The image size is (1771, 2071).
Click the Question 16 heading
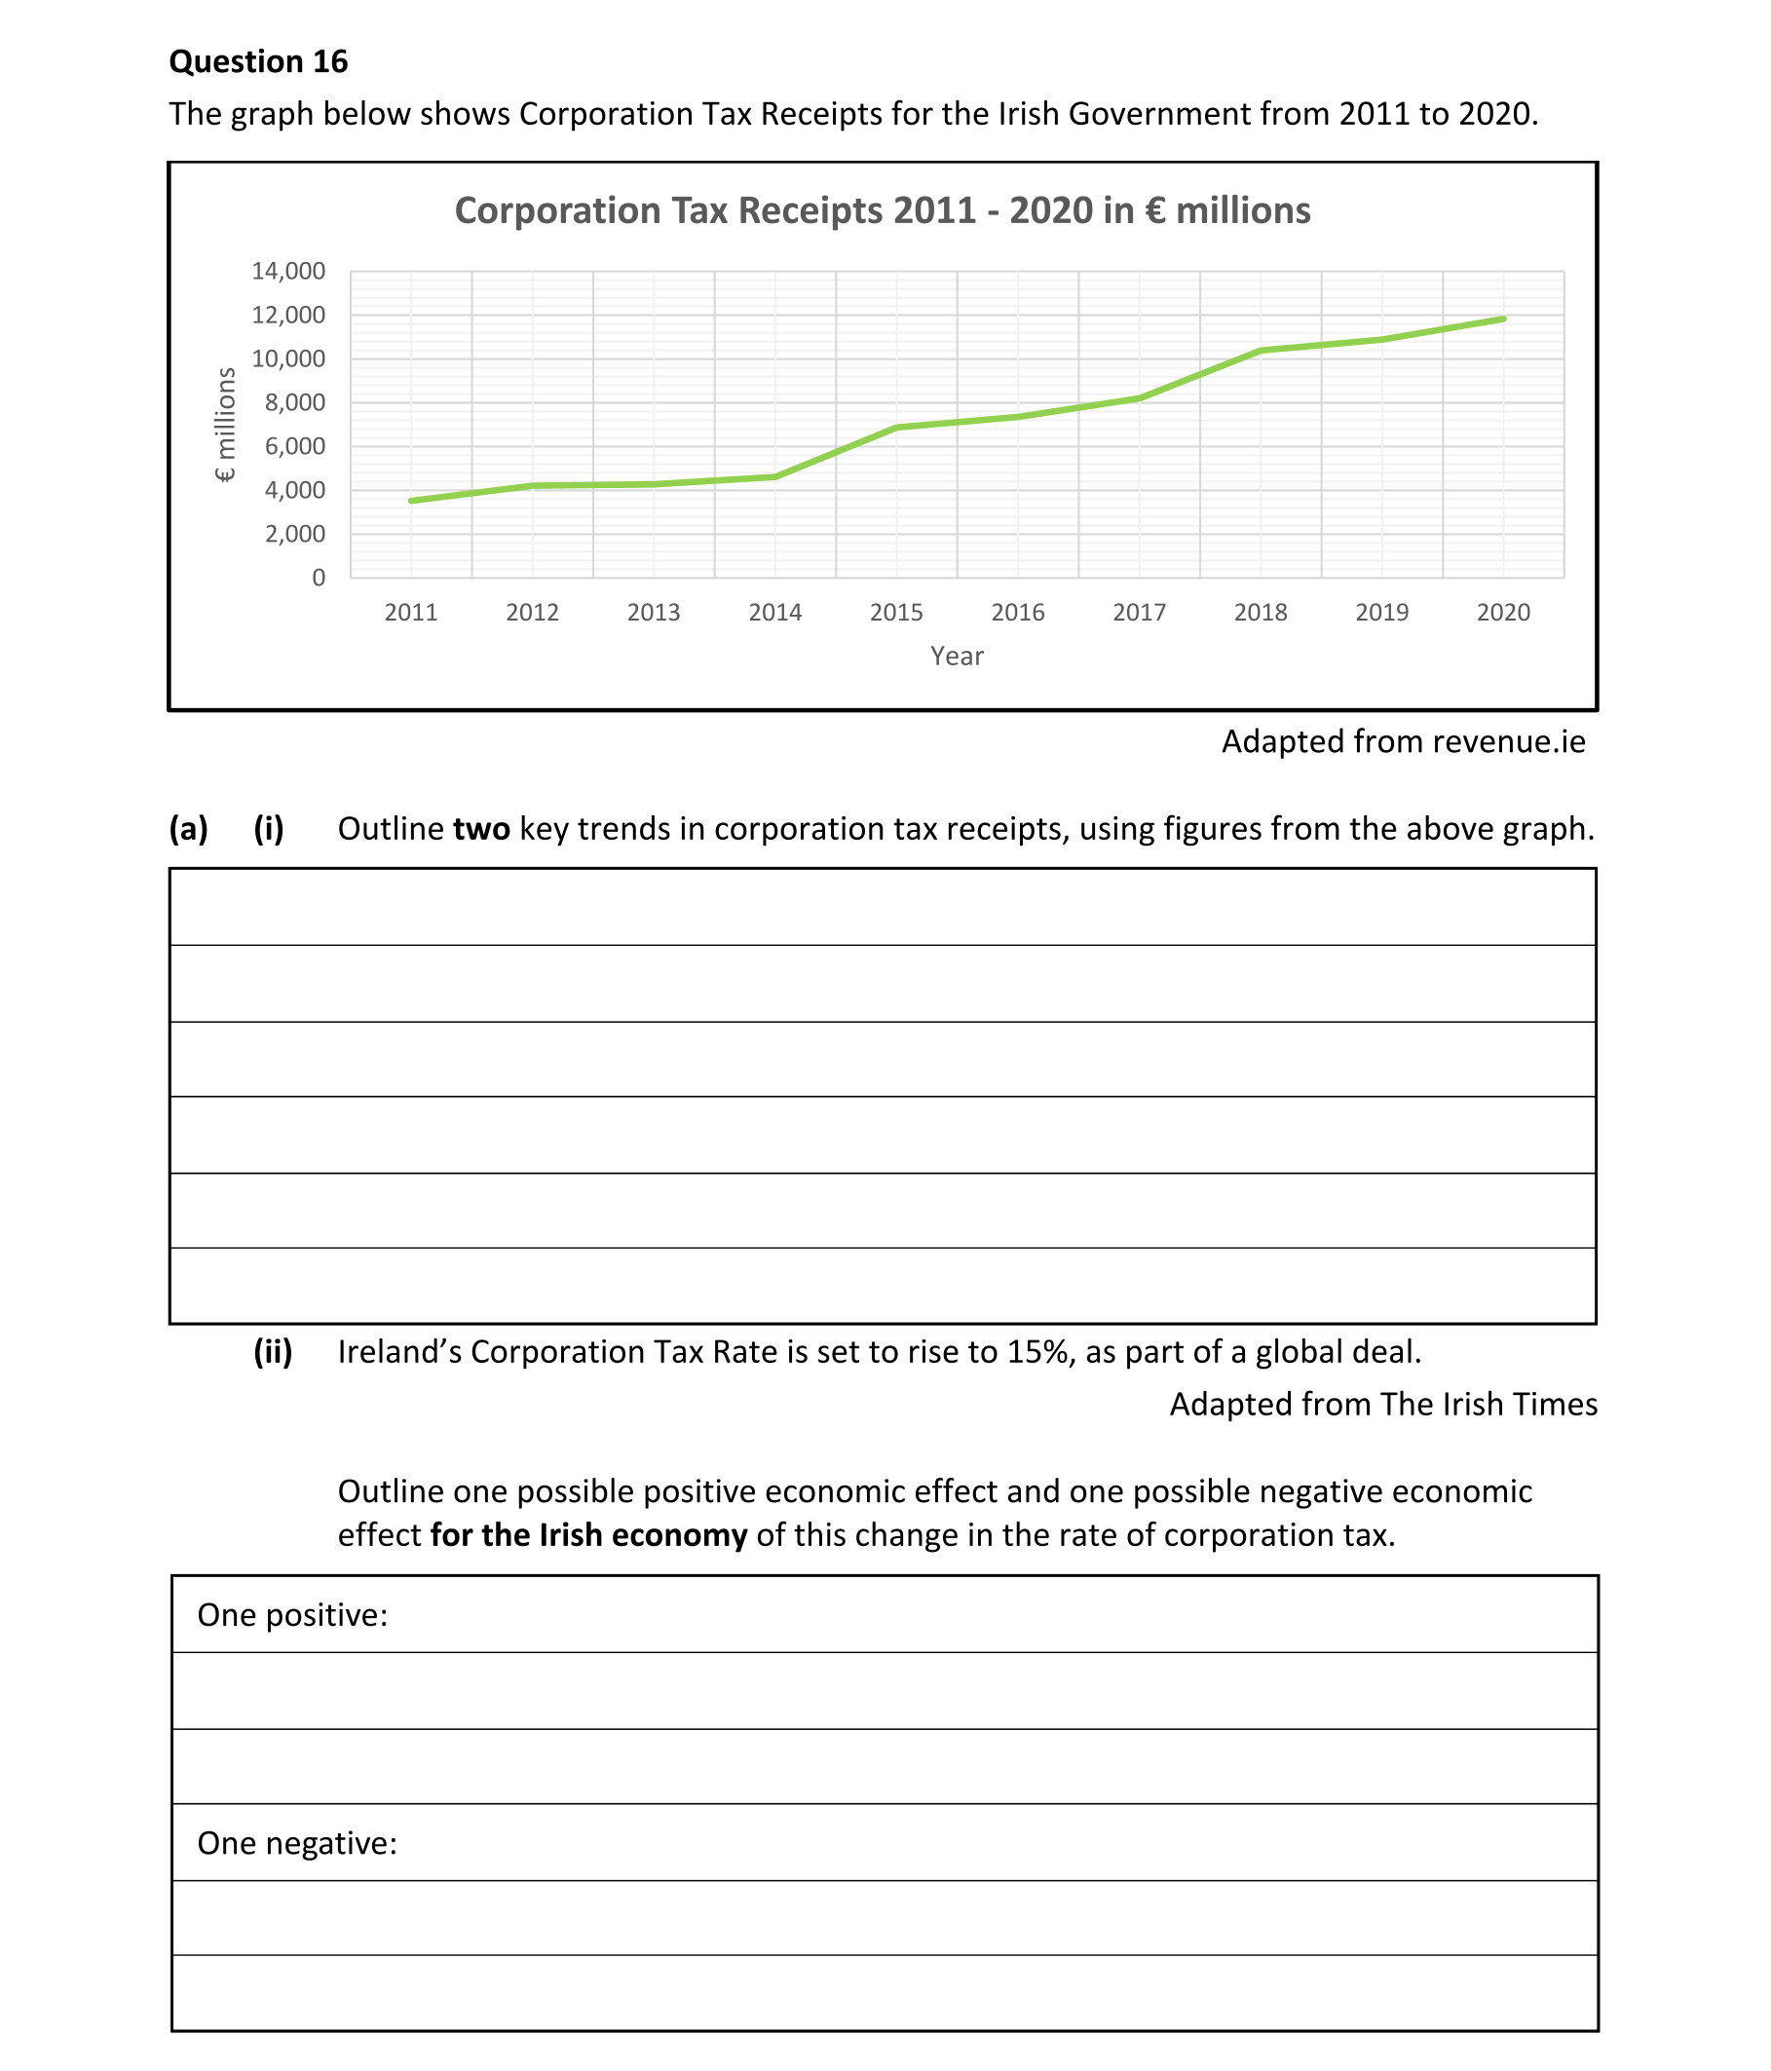tap(258, 62)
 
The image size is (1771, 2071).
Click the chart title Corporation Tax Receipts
tap(882, 210)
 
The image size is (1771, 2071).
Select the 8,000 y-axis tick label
tap(295, 403)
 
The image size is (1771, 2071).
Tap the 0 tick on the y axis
tap(318, 578)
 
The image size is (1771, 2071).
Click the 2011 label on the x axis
tap(411, 613)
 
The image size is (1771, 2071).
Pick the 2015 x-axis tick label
tap(895, 613)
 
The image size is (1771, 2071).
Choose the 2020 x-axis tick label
tap(1502, 613)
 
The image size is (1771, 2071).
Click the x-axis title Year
tap(957, 657)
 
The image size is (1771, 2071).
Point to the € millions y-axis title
tap(226, 425)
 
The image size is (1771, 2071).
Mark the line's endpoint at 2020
tap(1503, 319)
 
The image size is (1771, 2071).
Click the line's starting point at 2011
tap(411, 501)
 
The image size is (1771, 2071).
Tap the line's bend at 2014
tap(775, 476)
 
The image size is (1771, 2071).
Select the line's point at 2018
tap(1261, 351)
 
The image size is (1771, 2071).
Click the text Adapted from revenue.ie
tap(1402, 741)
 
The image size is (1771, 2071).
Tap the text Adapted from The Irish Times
tap(1382, 1405)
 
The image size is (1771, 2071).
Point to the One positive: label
tap(292, 1615)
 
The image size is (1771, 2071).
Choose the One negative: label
tap(297, 1843)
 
